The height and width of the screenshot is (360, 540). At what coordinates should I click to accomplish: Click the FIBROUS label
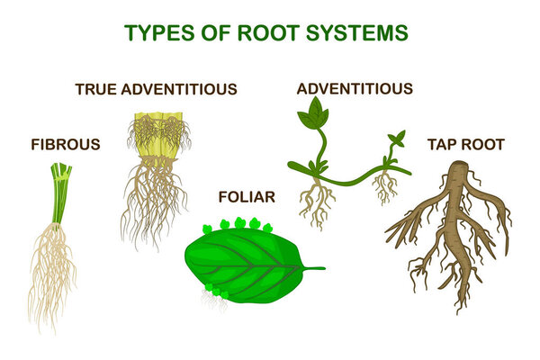tap(66, 144)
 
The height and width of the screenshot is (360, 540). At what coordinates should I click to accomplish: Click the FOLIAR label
tap(247, 196)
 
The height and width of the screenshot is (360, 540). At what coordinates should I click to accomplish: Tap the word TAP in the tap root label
tap(441, 144)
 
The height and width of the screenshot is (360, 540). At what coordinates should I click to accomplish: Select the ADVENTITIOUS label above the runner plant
tap(355, 88)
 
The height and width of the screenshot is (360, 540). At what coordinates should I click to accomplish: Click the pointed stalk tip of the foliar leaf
tap(323, 267)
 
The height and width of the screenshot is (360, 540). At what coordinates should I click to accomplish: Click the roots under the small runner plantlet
tap(386, 187)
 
